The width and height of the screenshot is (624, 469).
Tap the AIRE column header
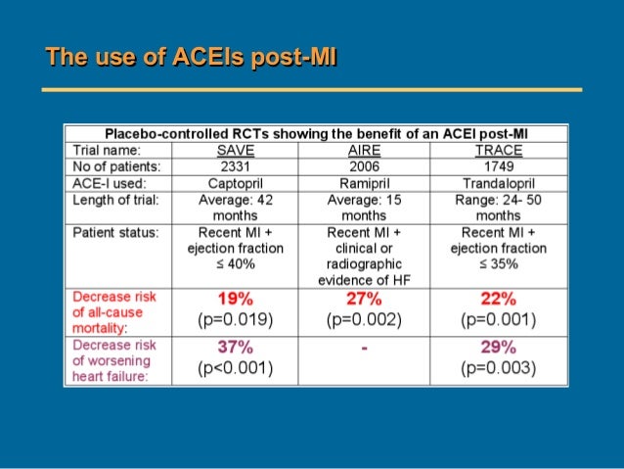(x=364, y=151)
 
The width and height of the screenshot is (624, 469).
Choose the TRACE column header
(x=498, y=151)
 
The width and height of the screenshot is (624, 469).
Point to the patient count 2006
(x=364, y=166)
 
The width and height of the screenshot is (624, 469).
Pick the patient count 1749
(x=498, y=166)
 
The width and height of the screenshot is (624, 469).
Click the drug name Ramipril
(x=364, y=182)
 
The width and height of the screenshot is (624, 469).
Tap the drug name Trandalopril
(x=498, y=182)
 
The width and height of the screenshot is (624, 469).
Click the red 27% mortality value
(x=364, y=299)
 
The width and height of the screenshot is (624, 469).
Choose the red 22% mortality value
(x=498, y=299)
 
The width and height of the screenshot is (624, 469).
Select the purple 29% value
(x=498, y=348)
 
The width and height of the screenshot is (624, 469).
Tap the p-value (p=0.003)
(x=498, y=368)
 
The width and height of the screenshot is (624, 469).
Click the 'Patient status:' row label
(x=116, y=233)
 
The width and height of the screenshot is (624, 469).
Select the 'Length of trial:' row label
(x=116, y=199)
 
